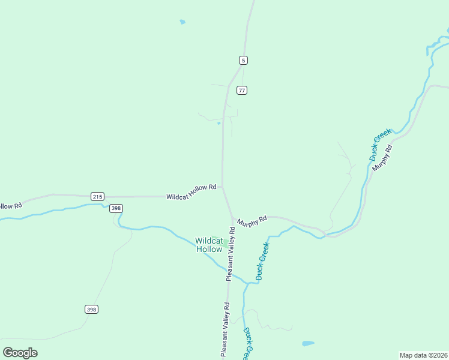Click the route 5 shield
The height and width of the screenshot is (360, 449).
click(243, 60)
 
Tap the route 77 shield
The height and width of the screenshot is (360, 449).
click(242, 90)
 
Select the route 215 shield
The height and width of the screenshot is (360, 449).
click(98, 196)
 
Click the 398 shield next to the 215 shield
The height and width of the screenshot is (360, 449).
click(116, 208)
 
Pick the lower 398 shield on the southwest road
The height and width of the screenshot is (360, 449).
click(91, 309)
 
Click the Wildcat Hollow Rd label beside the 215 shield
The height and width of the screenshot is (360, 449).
click(191, 192)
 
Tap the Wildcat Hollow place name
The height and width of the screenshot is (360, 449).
click(209, 245)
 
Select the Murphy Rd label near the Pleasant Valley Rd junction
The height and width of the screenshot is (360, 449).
click(252, 222)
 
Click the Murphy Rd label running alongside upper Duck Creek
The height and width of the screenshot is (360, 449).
click(382, 158)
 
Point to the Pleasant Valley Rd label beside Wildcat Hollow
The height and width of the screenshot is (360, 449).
click(230, 254)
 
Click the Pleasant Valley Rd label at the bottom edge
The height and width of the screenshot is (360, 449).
click(225, 330)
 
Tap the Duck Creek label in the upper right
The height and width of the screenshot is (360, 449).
click(380, 144)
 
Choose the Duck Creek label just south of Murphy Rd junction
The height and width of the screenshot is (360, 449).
click(262, 261)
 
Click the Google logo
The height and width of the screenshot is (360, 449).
click(20, 353)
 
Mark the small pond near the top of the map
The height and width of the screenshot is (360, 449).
click(182, 22)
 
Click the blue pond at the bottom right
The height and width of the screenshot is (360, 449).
click(308, 344)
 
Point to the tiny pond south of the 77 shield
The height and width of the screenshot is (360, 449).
click(219, 124)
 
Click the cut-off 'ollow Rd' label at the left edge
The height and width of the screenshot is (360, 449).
click(10, 205)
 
